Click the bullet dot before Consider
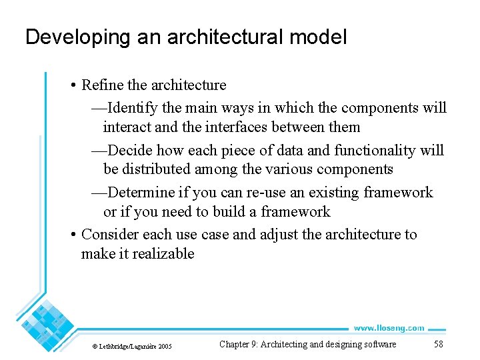[73, 235]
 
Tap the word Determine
[141, 193]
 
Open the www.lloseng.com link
[389, 328]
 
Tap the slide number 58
[438, 345]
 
